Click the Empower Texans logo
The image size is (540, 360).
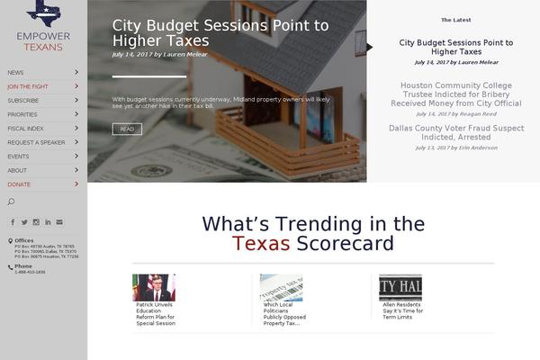pos(43,26)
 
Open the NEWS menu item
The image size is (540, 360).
pos(16,72)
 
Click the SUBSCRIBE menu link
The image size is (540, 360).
pos(22,100)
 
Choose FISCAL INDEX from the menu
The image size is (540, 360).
pos(25,129)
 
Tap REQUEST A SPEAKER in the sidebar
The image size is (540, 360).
pos(36,142)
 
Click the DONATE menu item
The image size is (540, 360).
pos(19,184)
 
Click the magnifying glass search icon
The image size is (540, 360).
pos(12,202)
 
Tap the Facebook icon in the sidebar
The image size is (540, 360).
pos(13,221)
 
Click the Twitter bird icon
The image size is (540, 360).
pos(24,221)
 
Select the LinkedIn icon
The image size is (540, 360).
pos(48,221)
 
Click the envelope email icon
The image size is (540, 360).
pos(59,221)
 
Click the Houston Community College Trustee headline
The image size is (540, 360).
pos(455,94)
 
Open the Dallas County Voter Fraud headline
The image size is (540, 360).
pos(455,132)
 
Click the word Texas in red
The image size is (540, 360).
pos(261,244)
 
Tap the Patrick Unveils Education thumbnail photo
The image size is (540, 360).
pos(154,287)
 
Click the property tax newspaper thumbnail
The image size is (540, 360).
pos(281,287)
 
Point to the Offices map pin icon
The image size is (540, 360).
pos(10,240)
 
